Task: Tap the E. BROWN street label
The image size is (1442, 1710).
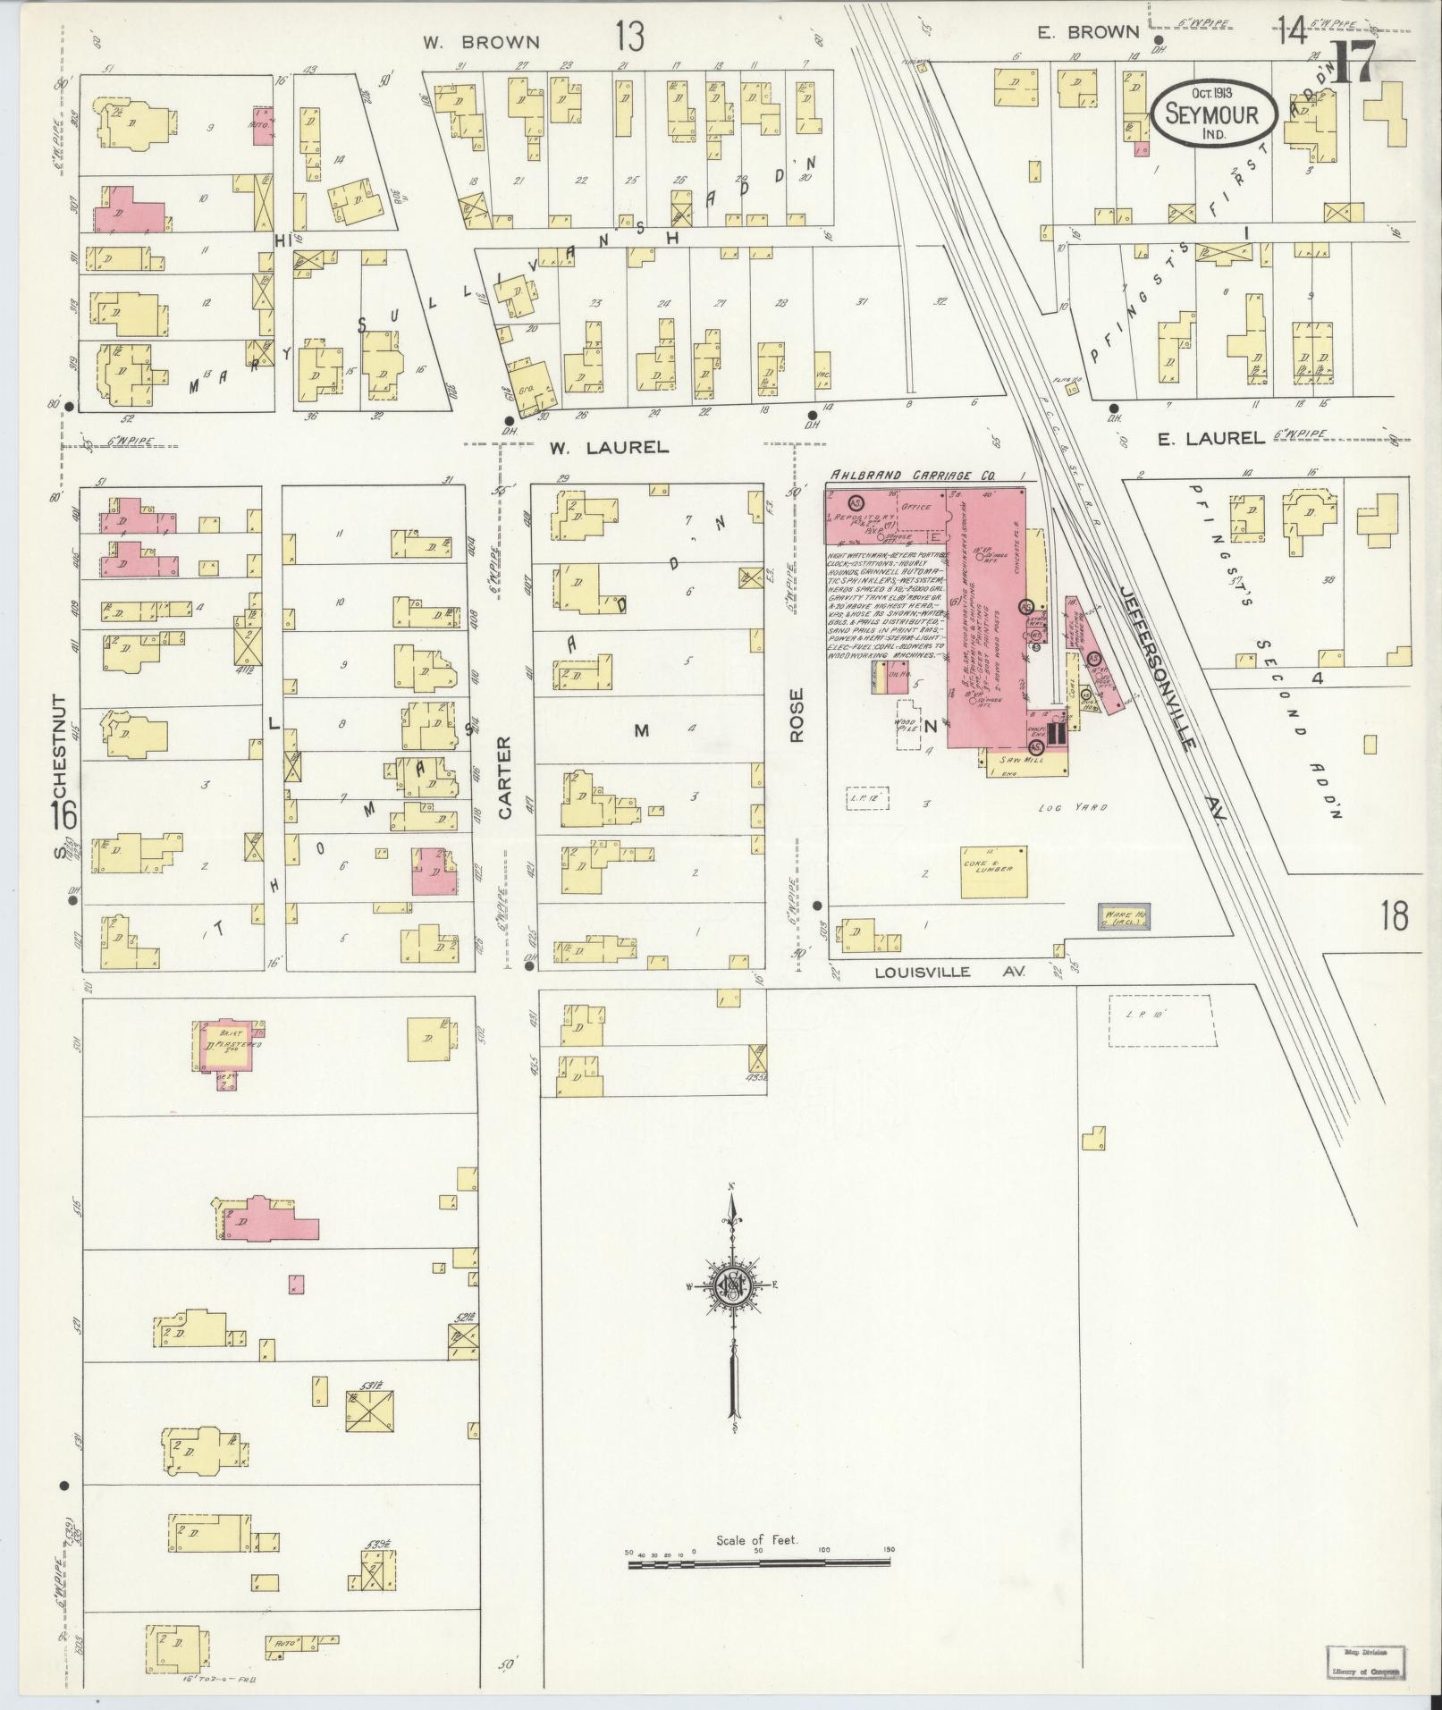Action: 1088,32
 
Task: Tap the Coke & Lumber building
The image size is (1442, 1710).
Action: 993,872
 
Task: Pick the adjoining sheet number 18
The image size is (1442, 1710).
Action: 1393,916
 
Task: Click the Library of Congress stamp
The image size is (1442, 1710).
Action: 1364,1663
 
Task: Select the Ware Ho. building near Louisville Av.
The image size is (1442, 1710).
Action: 1124,916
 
